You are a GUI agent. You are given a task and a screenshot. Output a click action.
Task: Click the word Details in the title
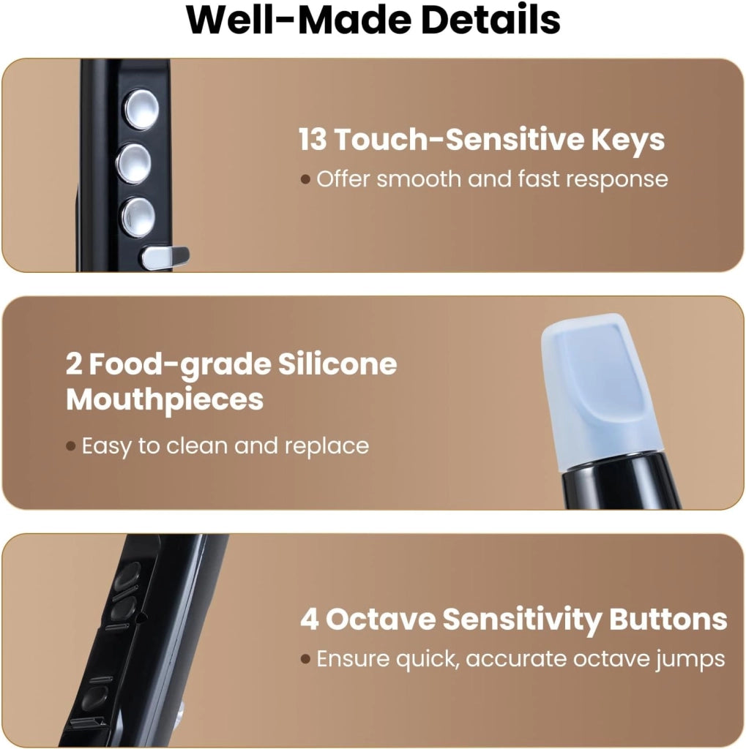491,20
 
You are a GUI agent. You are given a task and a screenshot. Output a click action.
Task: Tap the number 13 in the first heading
313,139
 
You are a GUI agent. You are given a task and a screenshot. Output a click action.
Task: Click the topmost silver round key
141,110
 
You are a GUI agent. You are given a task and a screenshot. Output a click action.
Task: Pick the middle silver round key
133,163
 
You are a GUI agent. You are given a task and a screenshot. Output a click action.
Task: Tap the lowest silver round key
137,217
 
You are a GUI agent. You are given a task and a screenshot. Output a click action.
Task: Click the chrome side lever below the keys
164,257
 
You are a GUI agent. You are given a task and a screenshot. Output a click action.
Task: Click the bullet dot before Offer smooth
305,180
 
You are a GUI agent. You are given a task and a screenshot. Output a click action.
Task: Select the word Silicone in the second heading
337,364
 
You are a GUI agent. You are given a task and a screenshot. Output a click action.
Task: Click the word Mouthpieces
165,400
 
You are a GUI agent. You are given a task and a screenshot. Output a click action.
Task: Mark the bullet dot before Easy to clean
71,446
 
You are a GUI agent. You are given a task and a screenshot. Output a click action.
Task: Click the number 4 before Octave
310,619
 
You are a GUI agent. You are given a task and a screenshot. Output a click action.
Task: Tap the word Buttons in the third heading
668,619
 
